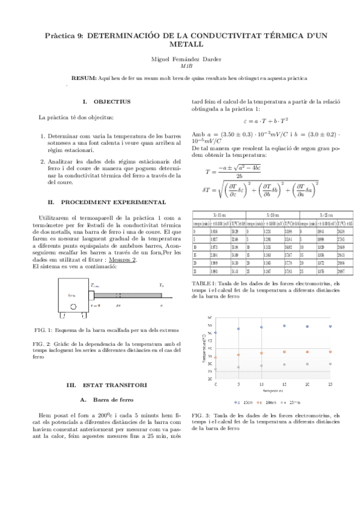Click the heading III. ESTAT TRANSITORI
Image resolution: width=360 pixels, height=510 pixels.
[106, 384]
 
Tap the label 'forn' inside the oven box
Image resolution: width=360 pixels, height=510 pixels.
[72, 295]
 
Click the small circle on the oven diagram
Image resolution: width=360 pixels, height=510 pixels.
[73, 307]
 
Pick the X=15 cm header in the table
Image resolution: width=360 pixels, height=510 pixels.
[219, 215]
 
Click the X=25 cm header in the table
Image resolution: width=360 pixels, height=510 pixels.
[328, 215]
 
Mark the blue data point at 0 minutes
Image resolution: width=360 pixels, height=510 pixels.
[216, 332]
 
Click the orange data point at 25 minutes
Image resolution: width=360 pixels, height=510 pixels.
[330, 351]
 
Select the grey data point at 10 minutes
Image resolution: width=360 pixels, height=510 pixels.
[261, 366]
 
